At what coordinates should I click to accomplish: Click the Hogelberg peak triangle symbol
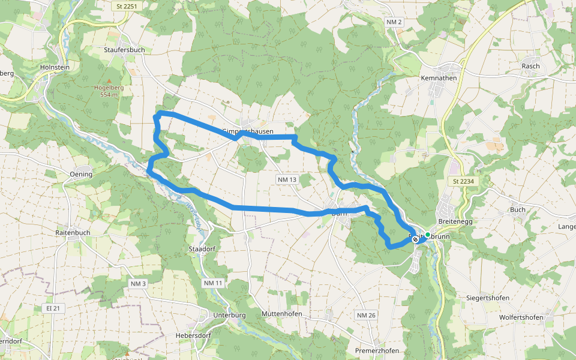[x=109, y=81]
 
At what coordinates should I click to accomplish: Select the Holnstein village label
[x=55, y=67]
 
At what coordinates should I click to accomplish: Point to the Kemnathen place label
[x=440, y=78]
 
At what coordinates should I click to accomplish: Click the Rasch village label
[x=530, y=66]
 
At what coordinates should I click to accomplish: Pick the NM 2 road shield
[x=394, y=22]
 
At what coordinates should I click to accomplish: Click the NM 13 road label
[x=287, y=180]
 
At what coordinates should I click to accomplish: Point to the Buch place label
[x=517, y=209]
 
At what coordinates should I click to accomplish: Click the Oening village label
[x=81, y=175]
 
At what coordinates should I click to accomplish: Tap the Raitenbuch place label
[x=73, y=231]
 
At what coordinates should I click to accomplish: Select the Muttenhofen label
[x=281, y=314]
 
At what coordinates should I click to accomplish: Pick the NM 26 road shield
[x=366, y=315]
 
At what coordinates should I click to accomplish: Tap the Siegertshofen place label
[x=488, y=298]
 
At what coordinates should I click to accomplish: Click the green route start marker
[x=428, y=235]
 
